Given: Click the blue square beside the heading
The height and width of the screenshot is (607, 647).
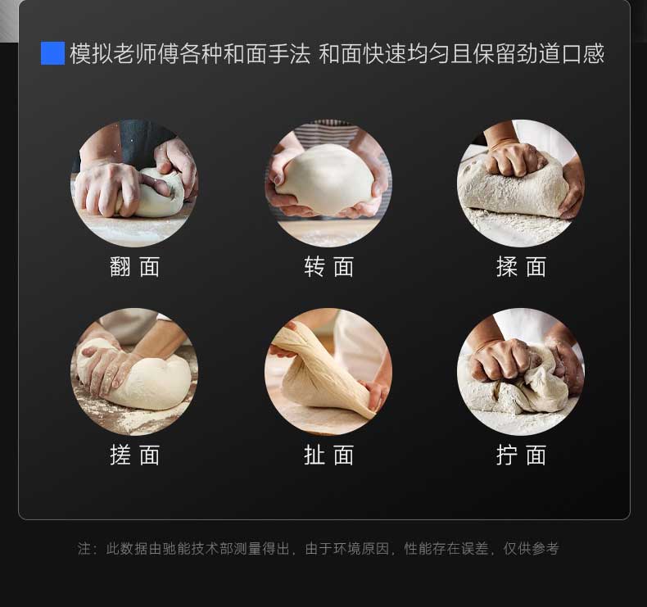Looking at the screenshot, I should point(52,53).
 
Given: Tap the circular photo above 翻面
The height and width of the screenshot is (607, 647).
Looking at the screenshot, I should point(134,183).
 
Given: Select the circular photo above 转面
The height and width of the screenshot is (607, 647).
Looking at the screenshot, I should point(328,183).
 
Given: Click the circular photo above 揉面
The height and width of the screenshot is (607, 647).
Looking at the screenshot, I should point(521,183).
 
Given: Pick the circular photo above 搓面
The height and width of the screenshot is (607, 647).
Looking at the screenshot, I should point(134,371).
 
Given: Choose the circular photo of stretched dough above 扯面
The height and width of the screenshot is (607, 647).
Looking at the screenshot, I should point(328,371).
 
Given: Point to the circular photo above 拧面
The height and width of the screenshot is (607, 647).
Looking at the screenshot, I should point(521,371).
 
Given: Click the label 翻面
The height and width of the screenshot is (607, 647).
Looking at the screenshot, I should point(134,267).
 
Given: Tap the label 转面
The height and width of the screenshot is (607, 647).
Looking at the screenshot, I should point(328,267).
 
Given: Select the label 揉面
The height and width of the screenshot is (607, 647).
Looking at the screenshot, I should point(521,267).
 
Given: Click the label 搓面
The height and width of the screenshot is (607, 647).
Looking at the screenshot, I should point(134,455).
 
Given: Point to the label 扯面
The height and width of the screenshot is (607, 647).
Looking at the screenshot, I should point(328,455).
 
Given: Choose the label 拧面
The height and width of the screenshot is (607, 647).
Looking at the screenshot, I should point(521,455).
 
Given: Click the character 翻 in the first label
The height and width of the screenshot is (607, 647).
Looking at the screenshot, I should point(120,267).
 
